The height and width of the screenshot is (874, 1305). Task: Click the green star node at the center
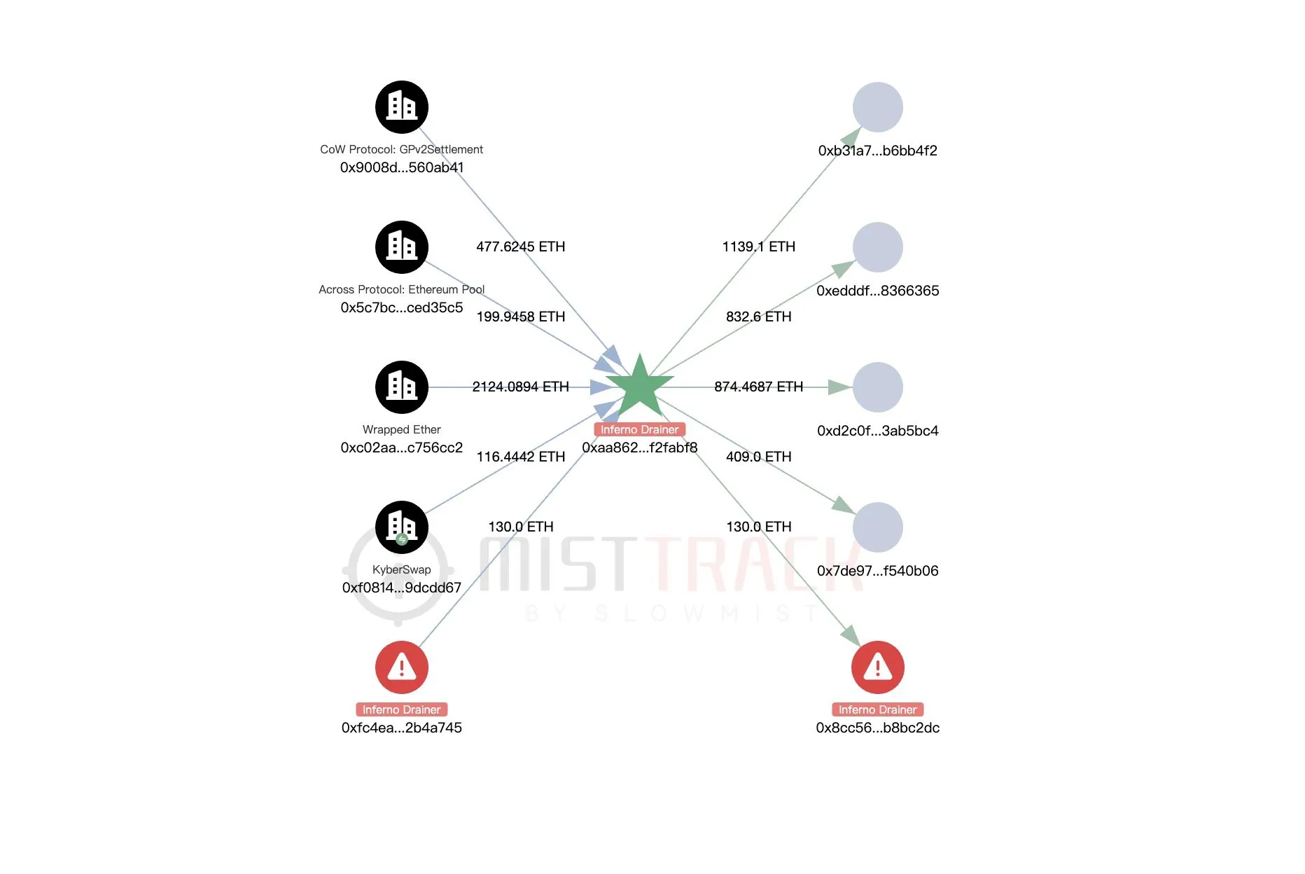pos(639,386)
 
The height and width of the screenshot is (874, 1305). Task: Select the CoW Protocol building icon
pos(402,107)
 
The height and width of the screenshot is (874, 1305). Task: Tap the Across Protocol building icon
pos(402,247)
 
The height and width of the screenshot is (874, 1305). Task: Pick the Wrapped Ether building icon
pos(402,387)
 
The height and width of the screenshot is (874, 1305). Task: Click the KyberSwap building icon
pos(402,527)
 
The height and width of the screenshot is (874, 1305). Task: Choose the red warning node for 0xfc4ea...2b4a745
pos(402,667)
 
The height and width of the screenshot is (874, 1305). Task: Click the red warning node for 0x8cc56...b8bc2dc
pos(877,667)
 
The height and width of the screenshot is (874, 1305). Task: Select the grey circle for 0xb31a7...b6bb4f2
pos(877,107)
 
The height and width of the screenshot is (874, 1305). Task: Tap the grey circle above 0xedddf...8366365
pos(877,247)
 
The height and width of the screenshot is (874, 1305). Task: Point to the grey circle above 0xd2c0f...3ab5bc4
pos(877,387)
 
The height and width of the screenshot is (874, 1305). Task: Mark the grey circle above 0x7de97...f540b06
pos(877,527)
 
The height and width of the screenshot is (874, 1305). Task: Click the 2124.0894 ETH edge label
pos(520,387)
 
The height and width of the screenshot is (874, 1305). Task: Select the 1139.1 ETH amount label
pos(758,247)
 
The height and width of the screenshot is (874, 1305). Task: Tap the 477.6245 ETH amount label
pos(520,247)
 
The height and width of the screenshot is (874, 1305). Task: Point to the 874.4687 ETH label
pos(758,387)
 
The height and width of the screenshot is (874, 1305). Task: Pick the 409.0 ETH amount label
pos(758,457)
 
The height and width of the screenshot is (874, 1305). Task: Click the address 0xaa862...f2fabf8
pos(639,448)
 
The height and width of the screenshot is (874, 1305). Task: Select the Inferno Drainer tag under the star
pos(639,429)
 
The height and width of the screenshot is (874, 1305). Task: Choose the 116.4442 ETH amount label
pos(520,457)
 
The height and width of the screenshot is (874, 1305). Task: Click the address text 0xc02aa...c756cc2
pos(402,448)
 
